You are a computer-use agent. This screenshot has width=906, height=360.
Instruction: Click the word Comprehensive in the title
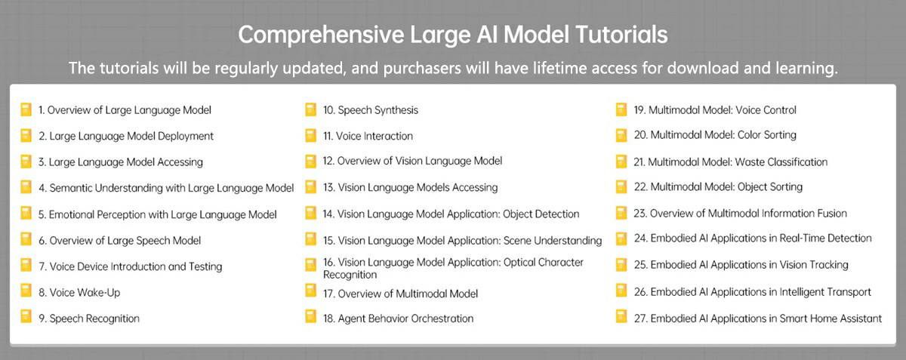tap(321, 35)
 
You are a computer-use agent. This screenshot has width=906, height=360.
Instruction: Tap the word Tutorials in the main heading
tap(621, 34)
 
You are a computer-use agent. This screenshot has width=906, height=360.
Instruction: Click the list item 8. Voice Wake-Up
tap(79, 292)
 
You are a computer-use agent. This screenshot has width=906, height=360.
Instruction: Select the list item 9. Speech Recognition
tap(89, 318)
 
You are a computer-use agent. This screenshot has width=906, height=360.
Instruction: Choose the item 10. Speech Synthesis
tap(371, 110)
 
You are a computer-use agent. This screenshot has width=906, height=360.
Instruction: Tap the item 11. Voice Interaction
tap(368, 136)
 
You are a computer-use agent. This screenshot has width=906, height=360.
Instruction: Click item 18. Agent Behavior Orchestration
tap(398, 318)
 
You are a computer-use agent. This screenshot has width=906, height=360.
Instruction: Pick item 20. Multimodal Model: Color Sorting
tap(715, 135)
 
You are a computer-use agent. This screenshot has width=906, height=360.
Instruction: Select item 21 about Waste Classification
tap(731, 162)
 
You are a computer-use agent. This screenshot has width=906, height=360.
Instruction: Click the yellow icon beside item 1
tap(26, 109)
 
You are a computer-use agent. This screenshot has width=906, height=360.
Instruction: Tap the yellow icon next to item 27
tap(621, 317)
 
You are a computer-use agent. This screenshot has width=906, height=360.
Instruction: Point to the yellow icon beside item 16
tap(310, 265)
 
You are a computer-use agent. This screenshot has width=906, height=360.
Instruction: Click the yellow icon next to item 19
tap(621, 109)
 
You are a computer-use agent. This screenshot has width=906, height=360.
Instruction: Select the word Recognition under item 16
tap(350, 275)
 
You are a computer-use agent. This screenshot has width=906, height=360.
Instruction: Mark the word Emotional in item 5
tap(71, 214)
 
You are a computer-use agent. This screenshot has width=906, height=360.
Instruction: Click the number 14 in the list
tap(328, 214)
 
